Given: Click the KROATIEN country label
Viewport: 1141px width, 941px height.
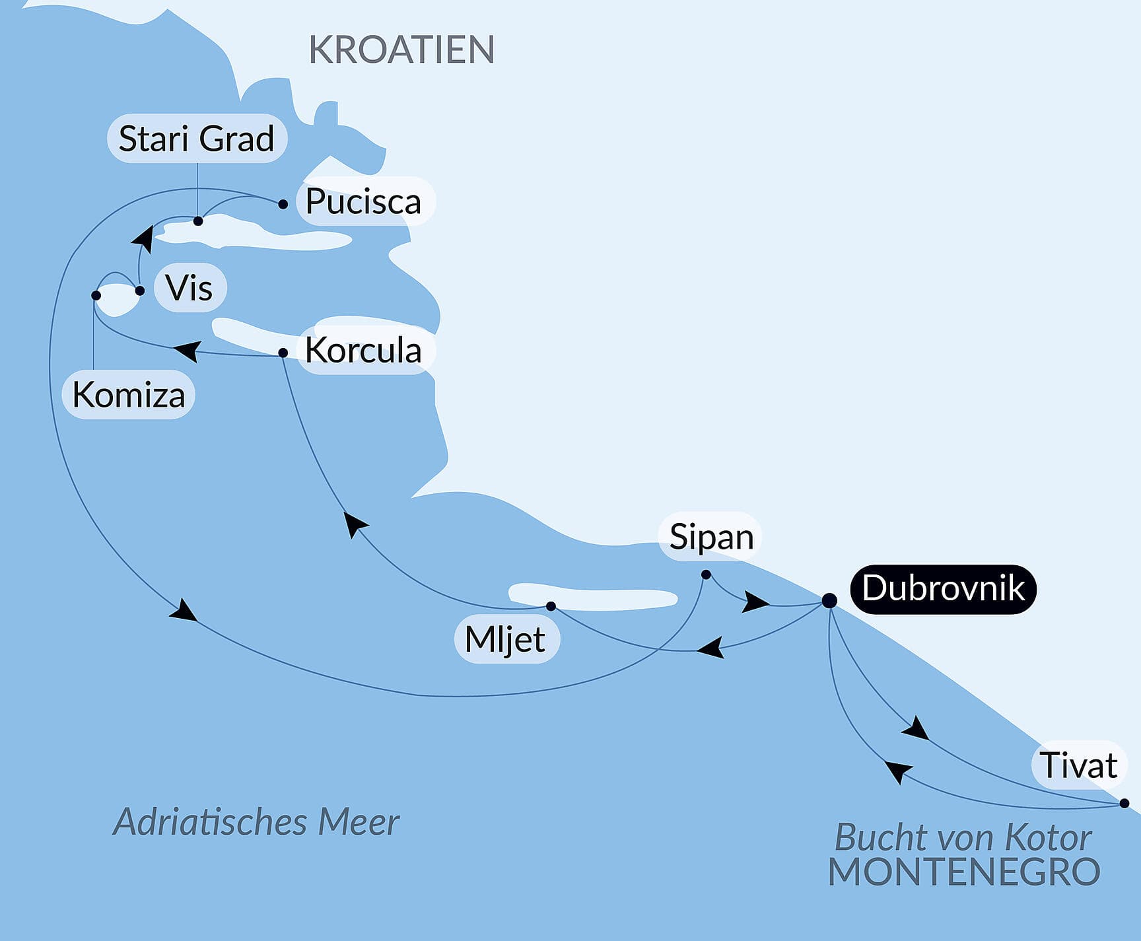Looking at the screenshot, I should coord(401,50).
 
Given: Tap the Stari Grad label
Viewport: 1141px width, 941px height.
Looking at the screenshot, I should coord(196,139).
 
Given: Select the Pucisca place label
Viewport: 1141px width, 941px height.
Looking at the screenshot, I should coord(363,201).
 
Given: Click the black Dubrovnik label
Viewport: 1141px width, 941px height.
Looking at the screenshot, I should coord(943,588).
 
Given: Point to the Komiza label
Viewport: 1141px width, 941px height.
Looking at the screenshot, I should coord(128,395).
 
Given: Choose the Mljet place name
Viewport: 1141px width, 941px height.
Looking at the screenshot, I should coord(505,639).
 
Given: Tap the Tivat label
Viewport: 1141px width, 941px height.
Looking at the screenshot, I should coord(1078,765).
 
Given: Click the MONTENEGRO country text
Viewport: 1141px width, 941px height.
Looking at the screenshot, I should coord(964,872).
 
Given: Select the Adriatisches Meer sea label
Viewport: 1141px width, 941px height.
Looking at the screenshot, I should coord(256,822).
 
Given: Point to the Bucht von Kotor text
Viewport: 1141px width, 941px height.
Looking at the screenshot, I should coord(963,837).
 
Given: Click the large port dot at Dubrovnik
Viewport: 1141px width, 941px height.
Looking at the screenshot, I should coord(829,600).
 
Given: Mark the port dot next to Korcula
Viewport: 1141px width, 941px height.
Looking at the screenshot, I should coord(283,353).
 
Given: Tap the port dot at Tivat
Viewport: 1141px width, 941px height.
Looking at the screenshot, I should coord(1124,804).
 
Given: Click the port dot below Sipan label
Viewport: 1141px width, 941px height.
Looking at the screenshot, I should coord(706,575).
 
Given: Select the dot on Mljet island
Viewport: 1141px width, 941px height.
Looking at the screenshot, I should coord(551,606).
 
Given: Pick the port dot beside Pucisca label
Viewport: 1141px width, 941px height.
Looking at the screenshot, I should coord(283,204).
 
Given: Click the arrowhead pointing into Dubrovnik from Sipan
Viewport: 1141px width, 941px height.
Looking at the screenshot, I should coord(755,602).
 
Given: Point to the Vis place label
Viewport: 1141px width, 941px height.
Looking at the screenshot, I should coord(190,288).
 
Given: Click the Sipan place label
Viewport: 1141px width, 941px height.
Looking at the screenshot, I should coord(711,537).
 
